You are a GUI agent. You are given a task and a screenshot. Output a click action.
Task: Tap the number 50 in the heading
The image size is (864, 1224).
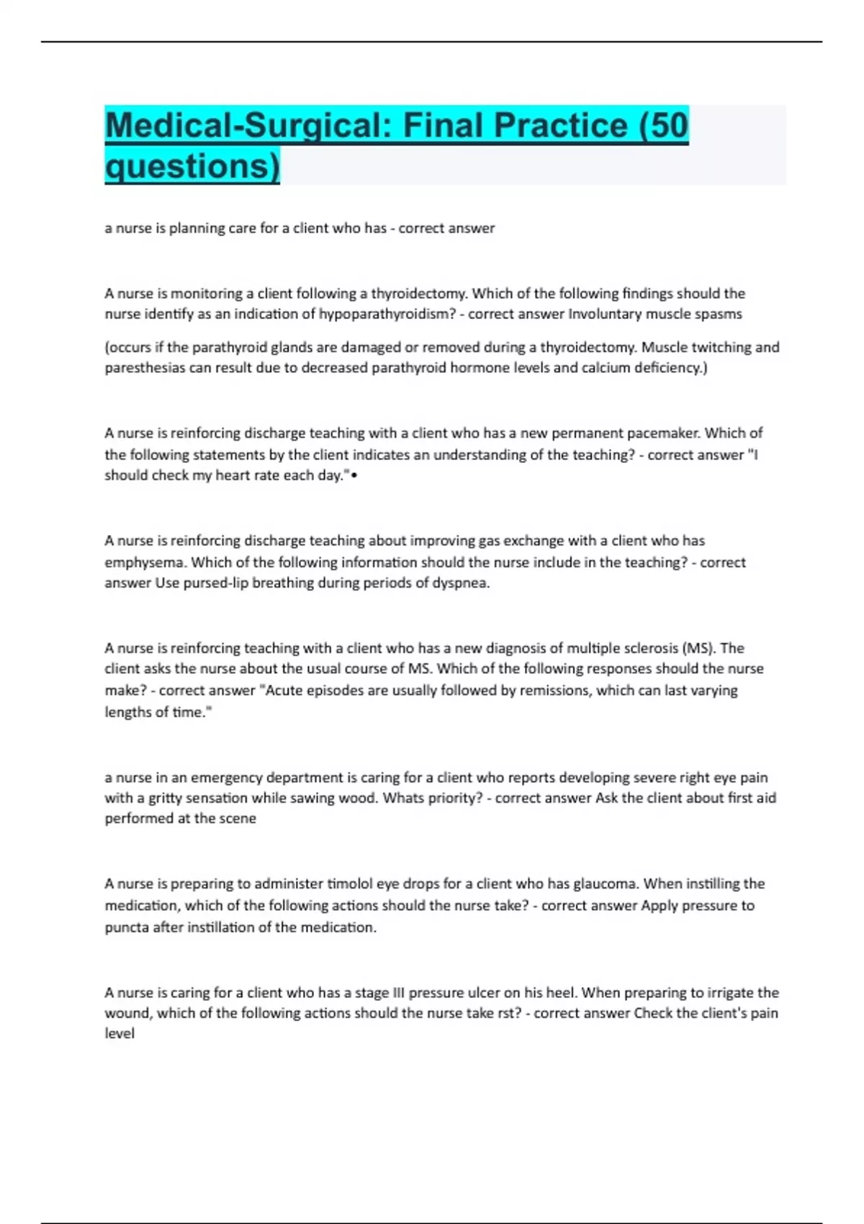pos(670,125)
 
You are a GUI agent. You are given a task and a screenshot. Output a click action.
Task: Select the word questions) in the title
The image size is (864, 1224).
pos(192,166)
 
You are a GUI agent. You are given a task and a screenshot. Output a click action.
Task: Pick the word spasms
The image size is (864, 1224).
pos(716,314)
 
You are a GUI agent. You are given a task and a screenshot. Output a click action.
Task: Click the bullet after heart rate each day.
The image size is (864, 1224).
pos(354,476)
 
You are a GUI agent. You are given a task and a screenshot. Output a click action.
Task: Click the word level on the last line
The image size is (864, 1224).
pos(120,1033)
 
